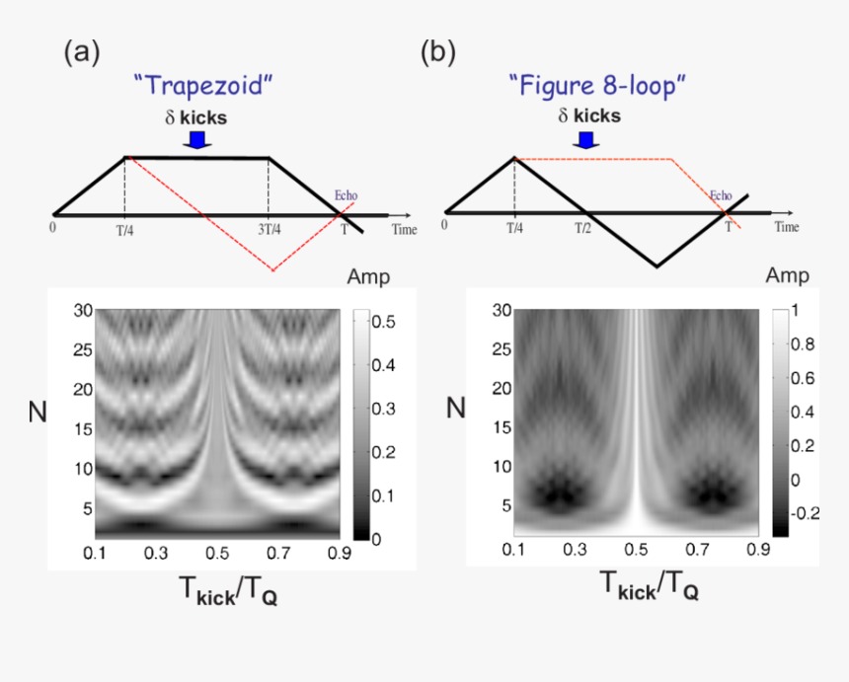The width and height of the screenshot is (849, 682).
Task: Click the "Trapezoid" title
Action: pyautogui.click(x=202, y=85)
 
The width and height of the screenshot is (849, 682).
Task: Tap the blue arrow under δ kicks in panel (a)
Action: pyautogui.click(x=197, y=140)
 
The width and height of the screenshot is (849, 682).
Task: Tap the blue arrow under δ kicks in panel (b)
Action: pyautogui.click(x=587, y=140)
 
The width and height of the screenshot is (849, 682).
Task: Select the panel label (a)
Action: pyautogui.click(x=82, y=52)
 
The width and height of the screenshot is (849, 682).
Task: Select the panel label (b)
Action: pyautogui.click(x=438, y=52)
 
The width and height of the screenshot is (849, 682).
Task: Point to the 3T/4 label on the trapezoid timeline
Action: pyautogui.click(x=270, y=228)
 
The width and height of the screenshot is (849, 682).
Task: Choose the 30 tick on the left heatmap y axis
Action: pyautogui.click(x=83, y=311)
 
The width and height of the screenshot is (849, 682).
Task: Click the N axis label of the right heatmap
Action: pyautogui.click(x=455, y=407)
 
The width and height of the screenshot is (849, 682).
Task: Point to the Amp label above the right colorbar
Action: pyautogui.click(x=787, y=275)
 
